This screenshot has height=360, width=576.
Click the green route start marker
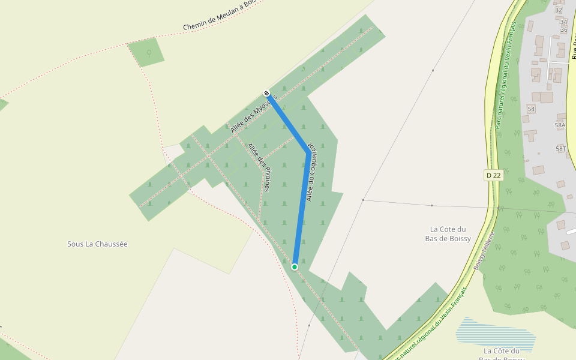295,266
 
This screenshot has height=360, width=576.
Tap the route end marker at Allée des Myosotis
266,93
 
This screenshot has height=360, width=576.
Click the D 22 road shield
493,175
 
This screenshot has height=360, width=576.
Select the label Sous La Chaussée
97,244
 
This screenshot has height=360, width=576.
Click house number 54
531,109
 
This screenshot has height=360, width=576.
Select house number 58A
560,125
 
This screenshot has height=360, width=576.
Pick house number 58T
561,148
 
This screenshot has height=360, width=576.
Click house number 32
559,10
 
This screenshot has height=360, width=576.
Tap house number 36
563,30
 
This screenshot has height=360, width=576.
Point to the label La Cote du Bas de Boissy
448,234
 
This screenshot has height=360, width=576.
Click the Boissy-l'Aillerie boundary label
484,251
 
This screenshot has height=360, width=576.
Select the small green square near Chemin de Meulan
146,52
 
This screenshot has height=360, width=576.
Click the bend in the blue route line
308,152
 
